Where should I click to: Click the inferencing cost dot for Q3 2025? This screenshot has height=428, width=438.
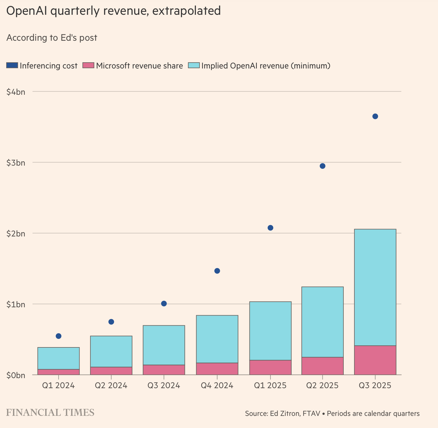click(375, 116)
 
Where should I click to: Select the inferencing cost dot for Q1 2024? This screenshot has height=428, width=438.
click(59, 336)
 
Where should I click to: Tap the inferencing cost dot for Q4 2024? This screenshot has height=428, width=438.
click(217, 271)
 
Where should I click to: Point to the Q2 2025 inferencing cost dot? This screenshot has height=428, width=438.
click(322, 166)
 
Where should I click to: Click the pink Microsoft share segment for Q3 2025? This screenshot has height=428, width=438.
click(375, 360)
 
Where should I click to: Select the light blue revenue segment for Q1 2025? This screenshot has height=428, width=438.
click(270, 331)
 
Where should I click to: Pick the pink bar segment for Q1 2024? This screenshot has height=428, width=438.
click(59, 372)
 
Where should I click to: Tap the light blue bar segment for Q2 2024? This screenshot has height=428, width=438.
click(111, 351)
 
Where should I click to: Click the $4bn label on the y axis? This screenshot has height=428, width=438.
click(16, 92)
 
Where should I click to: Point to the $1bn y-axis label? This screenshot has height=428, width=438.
click(16, 304)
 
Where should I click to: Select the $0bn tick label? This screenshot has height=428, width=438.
click(16, 375)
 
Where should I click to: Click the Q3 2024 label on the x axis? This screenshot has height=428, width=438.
click(164, 385)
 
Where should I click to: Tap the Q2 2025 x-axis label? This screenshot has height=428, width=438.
click(322, 385)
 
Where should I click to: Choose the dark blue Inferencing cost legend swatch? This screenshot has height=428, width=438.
click(12, 65)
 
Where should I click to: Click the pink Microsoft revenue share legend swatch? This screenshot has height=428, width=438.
click(88, 65)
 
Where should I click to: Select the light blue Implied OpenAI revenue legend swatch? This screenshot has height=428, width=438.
click(194, 65)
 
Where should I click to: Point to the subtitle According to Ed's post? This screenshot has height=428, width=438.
click(52, 38)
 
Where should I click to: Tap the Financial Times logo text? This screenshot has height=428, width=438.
click(50, 412)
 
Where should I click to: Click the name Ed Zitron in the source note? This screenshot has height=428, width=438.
click(285, 414)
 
